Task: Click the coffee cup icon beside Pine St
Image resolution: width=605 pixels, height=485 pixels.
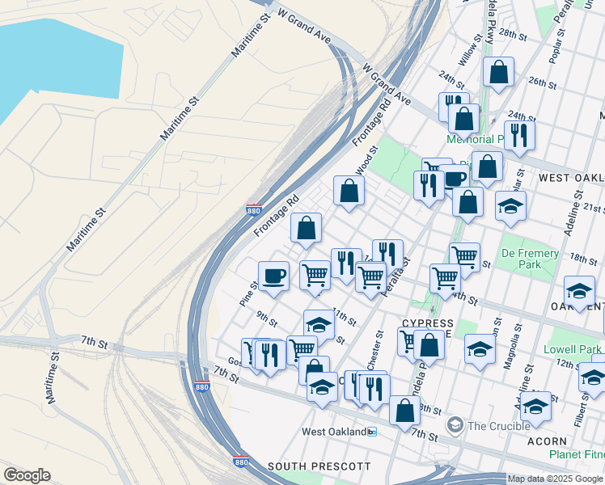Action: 273,276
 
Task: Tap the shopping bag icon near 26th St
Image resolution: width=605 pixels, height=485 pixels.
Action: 500,72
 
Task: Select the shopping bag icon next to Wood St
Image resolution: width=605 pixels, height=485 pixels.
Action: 349,191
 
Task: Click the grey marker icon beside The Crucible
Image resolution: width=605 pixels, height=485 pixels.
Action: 455,425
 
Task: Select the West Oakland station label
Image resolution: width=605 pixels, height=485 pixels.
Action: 334,432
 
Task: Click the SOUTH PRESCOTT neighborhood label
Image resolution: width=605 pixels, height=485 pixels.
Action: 319,466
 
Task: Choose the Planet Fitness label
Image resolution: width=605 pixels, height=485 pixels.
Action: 576,454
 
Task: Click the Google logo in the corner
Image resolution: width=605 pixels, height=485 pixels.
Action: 27,475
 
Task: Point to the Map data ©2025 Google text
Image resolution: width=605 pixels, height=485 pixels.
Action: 555,479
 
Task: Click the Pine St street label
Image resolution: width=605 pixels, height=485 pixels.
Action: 248,292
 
